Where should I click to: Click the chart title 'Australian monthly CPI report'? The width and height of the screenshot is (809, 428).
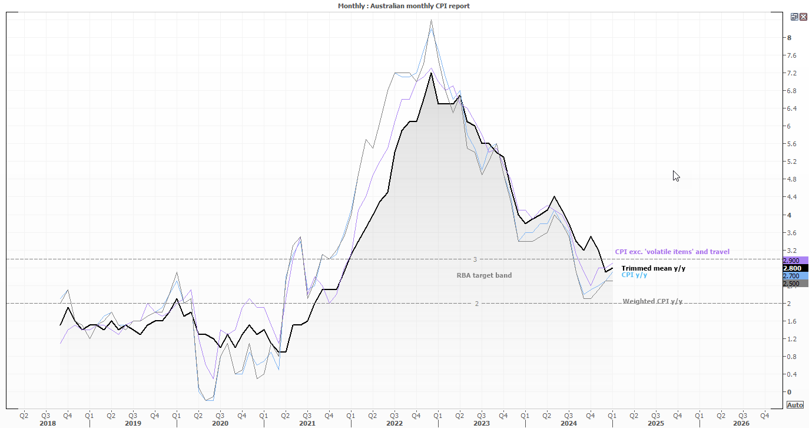click(x=404, y=6)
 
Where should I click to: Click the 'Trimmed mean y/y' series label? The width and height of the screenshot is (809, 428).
click(x=653, y=268)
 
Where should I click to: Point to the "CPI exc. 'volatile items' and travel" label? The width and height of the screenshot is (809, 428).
click(x=672, y=252)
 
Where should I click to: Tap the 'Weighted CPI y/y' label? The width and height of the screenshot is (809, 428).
click(x=652, y=301)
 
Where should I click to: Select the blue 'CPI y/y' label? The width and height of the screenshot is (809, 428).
click(x=634, y=275)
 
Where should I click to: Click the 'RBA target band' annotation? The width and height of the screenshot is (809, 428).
click(x=484, y=275)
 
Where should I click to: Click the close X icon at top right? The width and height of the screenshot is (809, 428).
click(x=803, y=17)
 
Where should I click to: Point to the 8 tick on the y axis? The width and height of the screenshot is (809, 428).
click(x=789, y=38)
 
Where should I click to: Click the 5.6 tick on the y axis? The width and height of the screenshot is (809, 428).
click(x=791, y=144)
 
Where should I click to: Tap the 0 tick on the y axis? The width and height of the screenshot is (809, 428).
click(x=789, y=392)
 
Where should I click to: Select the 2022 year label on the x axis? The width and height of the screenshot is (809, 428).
click(x=394, y=423)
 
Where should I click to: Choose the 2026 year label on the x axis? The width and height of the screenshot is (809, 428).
click(x=741, y=423)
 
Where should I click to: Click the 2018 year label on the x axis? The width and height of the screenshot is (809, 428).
click(x=48, y=423)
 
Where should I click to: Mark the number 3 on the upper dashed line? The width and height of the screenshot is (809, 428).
click(x=475, y=259)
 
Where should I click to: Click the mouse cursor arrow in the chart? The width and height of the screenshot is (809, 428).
click(x=675, y=175)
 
